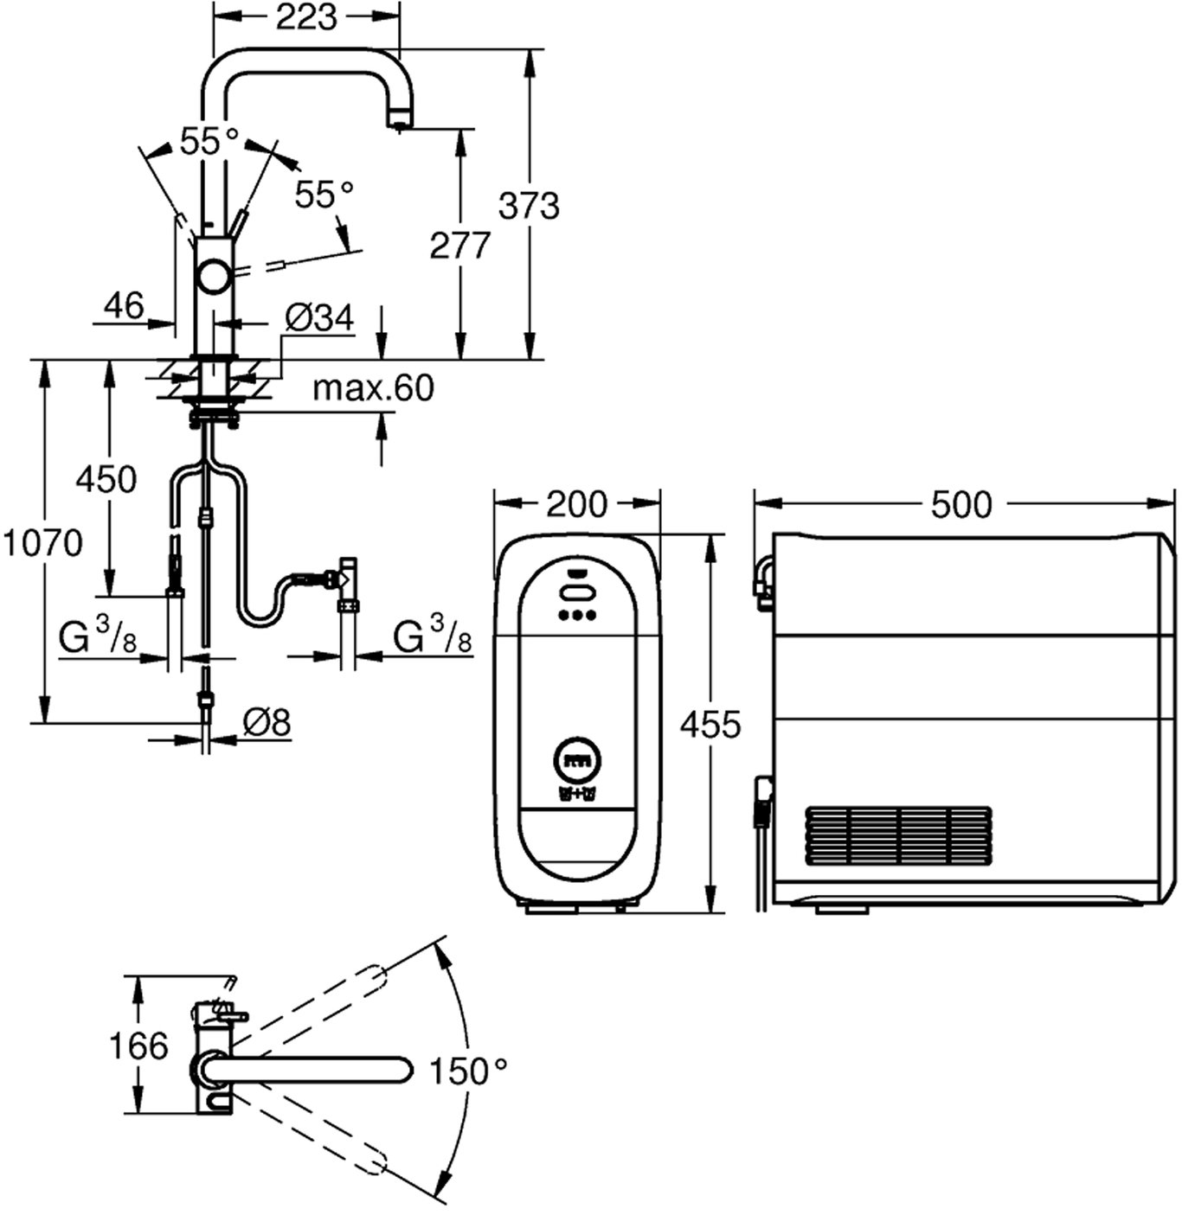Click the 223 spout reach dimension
point(306,17)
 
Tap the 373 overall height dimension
point(529,206)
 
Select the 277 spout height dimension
point(459,246)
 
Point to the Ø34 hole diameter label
point(319,318)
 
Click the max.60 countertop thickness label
point(373,388)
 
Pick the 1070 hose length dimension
point(42,543)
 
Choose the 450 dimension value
point(106,478)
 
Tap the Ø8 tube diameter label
point(267,722)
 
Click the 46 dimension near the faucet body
point(124,305)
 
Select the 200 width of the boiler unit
point(577,504)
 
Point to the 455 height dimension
point(710,724)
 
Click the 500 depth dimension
point(961,504)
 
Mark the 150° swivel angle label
point(468,1072)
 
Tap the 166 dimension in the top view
point(138,1046)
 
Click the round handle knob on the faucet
point(213,278)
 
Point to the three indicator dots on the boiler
point(577,616)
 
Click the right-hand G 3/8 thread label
point(433,637)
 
